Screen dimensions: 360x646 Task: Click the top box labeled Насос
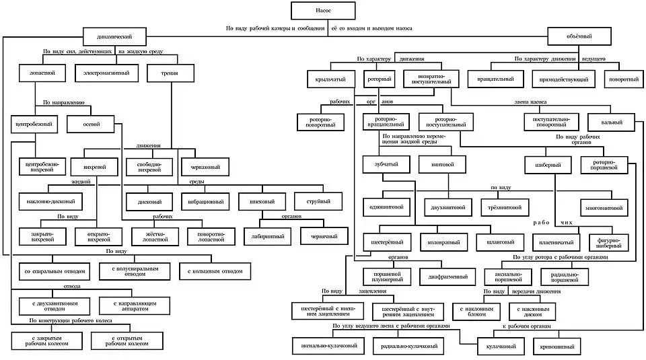324,11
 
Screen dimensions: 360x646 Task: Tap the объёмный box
579,37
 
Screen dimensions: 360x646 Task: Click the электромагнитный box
107,73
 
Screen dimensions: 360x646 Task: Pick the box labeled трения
170,73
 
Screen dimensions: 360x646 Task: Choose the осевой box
91,124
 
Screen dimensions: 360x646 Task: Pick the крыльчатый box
330,79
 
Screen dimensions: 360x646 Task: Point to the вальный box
613,122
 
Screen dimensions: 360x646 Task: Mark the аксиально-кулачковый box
328,346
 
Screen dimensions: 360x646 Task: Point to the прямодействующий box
564,79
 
